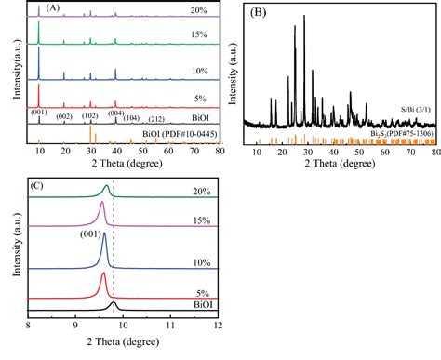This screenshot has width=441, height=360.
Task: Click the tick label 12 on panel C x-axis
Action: click(x=218, y=325)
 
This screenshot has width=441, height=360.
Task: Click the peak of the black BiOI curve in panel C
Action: click(x=114, y=302)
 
